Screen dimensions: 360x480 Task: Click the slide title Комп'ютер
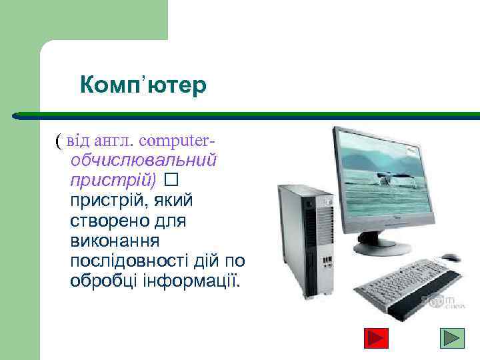click(x=143, y=86)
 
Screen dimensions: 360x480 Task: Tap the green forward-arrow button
click(x=455, y=338)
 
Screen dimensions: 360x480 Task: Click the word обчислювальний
click(x=144, y=161)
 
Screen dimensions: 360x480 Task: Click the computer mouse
click(x=450, y=258)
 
